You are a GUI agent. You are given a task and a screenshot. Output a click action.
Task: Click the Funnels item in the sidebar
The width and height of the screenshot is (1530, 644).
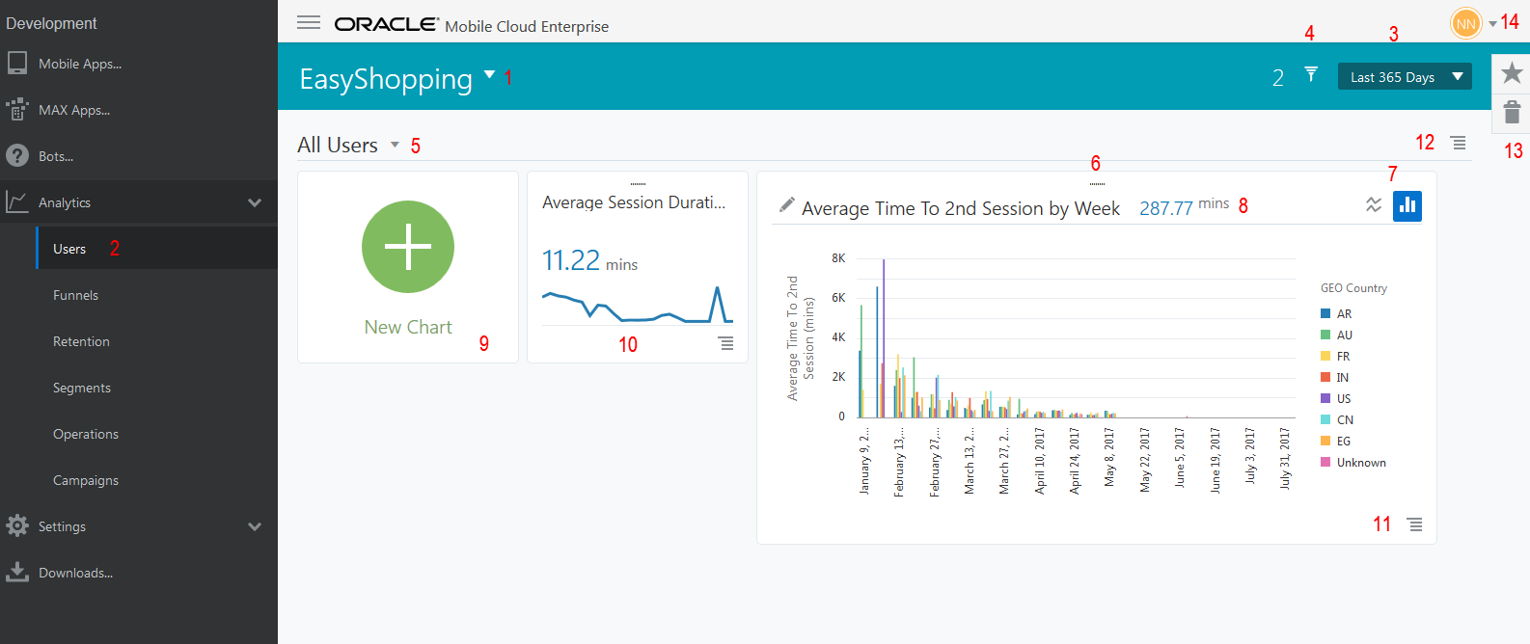(x=75, y=295)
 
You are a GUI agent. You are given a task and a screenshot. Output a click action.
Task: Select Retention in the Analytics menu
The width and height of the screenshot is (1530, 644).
(x=81, y=341)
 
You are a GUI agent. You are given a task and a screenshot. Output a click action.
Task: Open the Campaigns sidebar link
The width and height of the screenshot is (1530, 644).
(x=86, y=480)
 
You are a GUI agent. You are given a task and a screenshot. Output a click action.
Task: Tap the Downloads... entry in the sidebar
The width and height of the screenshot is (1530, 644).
(x=75, y=573)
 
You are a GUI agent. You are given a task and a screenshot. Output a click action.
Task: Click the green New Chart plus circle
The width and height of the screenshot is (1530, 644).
(x=408, y=247)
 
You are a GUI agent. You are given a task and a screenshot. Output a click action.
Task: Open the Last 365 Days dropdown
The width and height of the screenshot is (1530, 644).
(x=1405, y=77)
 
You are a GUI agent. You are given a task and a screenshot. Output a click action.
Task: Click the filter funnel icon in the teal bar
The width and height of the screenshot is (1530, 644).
(x=1311, y=74)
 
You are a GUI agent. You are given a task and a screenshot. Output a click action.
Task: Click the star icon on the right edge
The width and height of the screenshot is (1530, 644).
(x=1512, y=72)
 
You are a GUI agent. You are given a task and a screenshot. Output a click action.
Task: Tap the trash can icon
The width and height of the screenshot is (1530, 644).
(x=1512, y=112)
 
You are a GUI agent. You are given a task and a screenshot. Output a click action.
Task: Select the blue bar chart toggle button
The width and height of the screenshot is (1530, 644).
(x=1407, y=205)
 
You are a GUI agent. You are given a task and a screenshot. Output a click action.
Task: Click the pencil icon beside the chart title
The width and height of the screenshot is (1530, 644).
(x=787, y=204)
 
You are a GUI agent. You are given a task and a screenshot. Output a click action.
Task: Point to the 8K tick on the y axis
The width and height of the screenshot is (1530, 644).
(x=838, y=258)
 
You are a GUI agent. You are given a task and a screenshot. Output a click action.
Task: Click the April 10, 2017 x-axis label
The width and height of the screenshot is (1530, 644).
(x=1040, y=461)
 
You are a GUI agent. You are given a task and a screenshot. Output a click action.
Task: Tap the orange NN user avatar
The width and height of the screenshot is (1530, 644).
(x=1465, y=23)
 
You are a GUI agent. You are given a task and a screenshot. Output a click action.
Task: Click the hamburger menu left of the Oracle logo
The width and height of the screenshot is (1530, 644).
(x=309, y=22)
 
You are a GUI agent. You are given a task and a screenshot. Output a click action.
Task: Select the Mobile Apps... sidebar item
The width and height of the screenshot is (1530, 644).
(x=79, y=64)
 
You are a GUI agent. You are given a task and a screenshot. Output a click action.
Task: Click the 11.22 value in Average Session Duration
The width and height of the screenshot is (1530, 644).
(x=571, y=260)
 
